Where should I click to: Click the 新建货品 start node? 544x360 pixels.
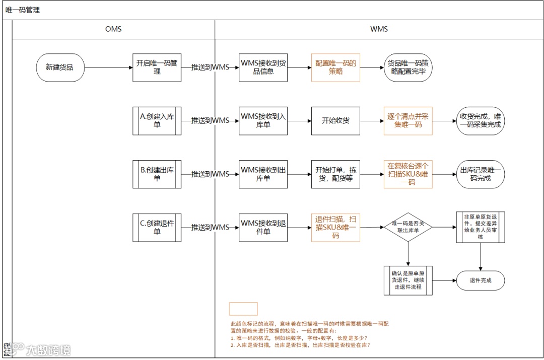click(60, 67)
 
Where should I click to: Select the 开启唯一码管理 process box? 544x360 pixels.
click(157, 67)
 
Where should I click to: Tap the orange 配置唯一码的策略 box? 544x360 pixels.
click(335, 67)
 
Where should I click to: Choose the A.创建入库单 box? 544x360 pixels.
click(157, 121)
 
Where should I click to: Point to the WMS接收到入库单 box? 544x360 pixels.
click(263, 121)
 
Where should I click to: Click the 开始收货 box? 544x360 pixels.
click(335, 121)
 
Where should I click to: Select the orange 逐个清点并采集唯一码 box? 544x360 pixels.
click(408, 121)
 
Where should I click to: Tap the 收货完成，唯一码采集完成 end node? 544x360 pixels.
click(480, 121)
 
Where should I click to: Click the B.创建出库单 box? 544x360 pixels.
click(157, 174)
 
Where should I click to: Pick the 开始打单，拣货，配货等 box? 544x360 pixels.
click(335, 174)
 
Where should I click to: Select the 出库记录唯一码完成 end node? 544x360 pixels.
click(480, 174)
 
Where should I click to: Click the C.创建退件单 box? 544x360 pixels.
click(157, 228)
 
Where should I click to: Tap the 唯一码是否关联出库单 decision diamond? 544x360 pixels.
click(408, 228)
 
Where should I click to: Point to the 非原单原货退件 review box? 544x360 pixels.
click(480, 228)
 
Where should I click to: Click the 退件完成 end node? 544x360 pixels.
click(480, 281)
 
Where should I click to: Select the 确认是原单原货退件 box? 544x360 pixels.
click(408, 280)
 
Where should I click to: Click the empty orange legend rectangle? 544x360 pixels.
click(243, 309)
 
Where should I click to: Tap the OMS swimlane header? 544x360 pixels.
click(113, 29)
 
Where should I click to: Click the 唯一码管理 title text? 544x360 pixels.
click(23, 10)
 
